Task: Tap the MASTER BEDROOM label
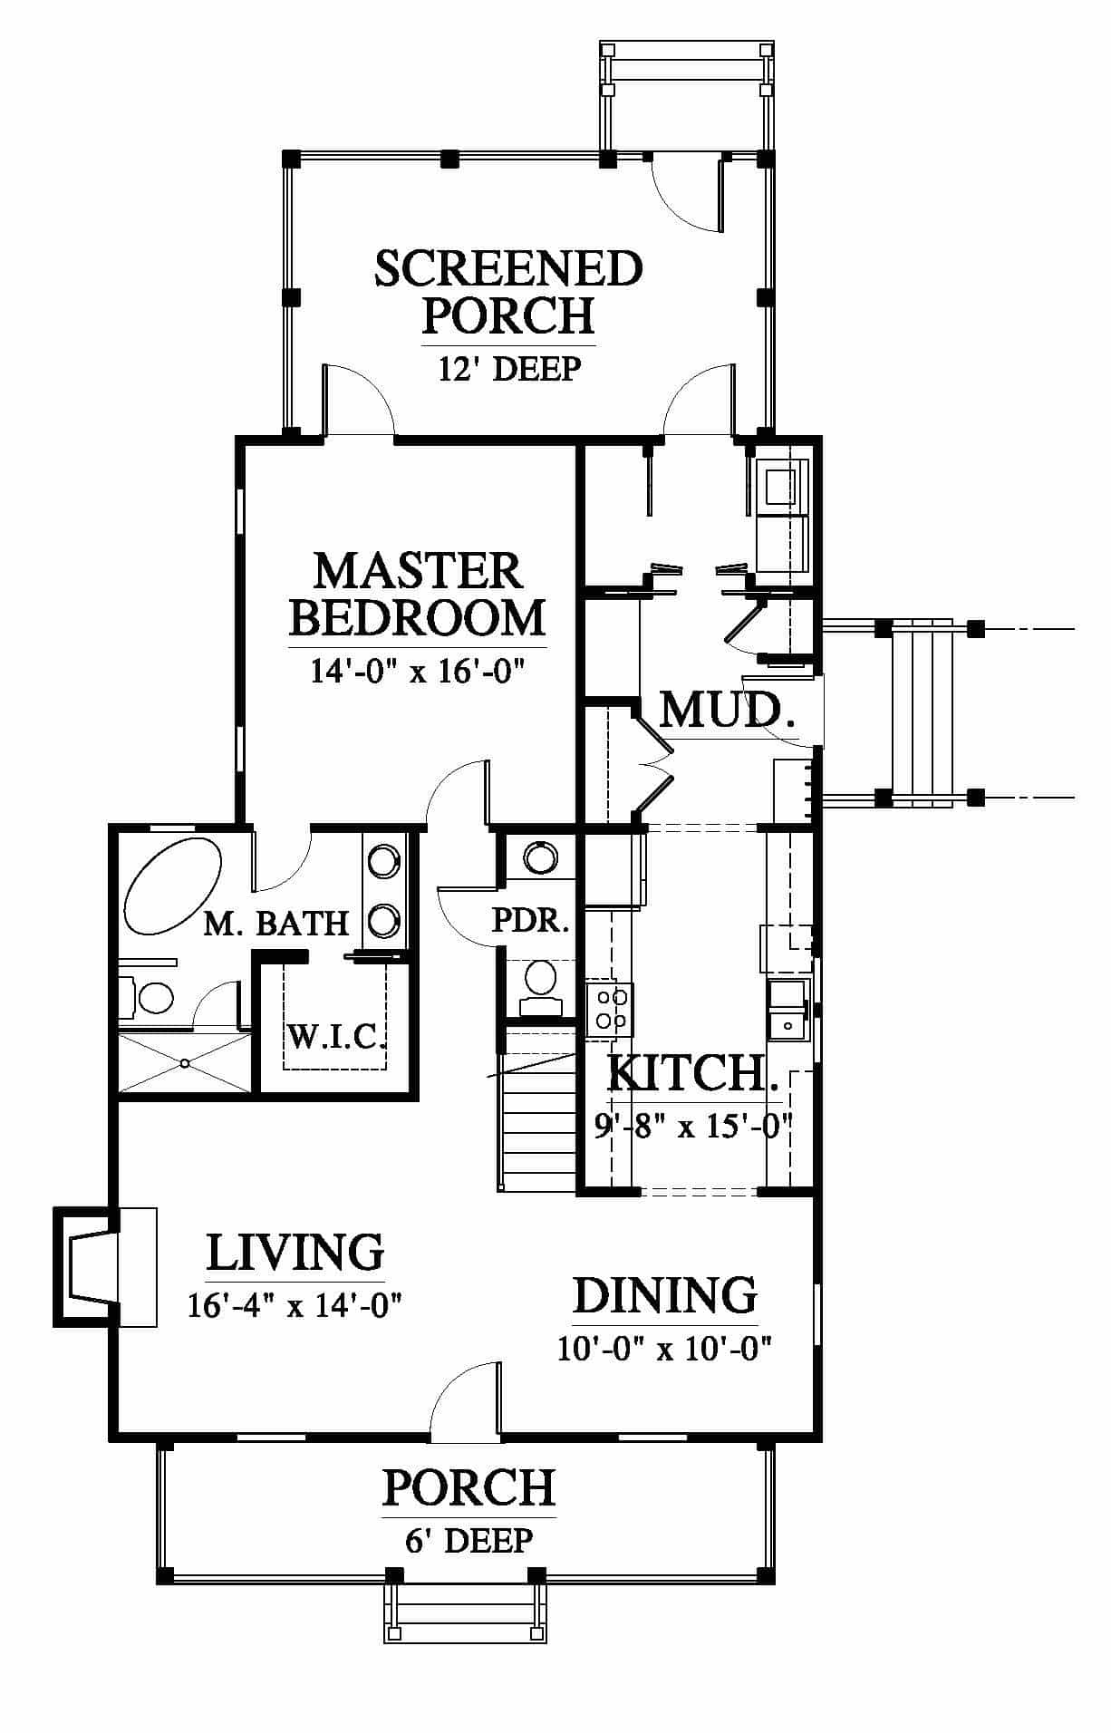[x=418, y=595]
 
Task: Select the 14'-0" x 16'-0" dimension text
[x=418, y=671]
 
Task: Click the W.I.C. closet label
[x=336, y=1035]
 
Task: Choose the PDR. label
[x=530, y=922]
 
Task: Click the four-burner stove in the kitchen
[x=609, y=1010]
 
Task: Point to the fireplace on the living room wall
[x=87, y=1266]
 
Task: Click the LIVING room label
[x=295, y=1253]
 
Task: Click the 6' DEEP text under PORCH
[x=469, y=1540]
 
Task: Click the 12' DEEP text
[x=508, y=369]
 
